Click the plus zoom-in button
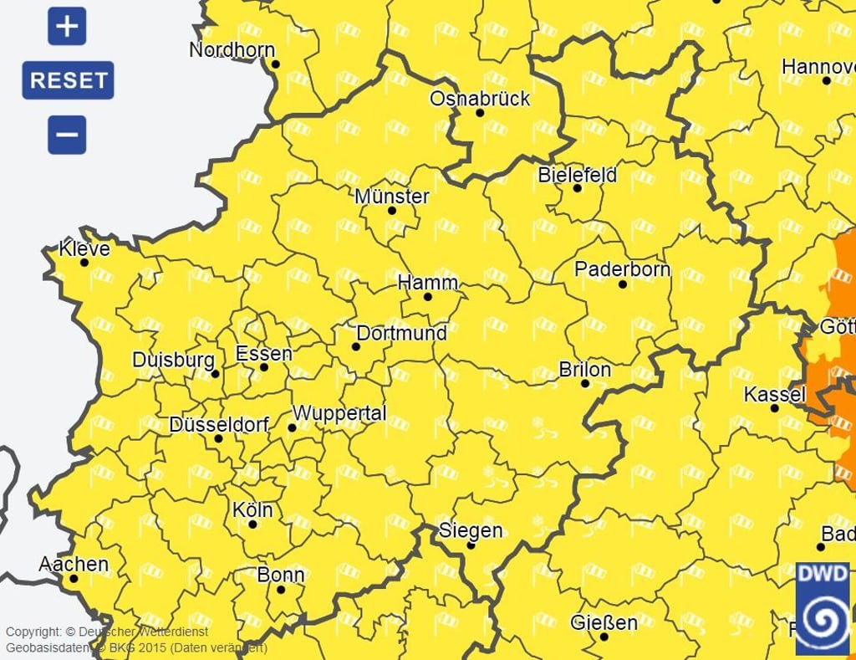(67, 27)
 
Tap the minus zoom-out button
(67, 135)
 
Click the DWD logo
(822, 608)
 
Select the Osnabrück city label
(480, 99)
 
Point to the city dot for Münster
(392, 210)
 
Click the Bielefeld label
(577, 175)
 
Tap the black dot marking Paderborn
(623, 284)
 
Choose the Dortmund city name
(401, 333)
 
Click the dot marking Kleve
(84, 263)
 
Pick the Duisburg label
(174, 360)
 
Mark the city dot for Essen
(264, 366)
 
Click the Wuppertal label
(339, 413)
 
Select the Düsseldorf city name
(219, 425)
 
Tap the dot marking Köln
(253, 524)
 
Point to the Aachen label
(74, 564)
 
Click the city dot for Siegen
(471, 545)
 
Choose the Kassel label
(775, 394)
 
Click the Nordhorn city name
(232, 49)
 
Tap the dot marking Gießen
(604, 637)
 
